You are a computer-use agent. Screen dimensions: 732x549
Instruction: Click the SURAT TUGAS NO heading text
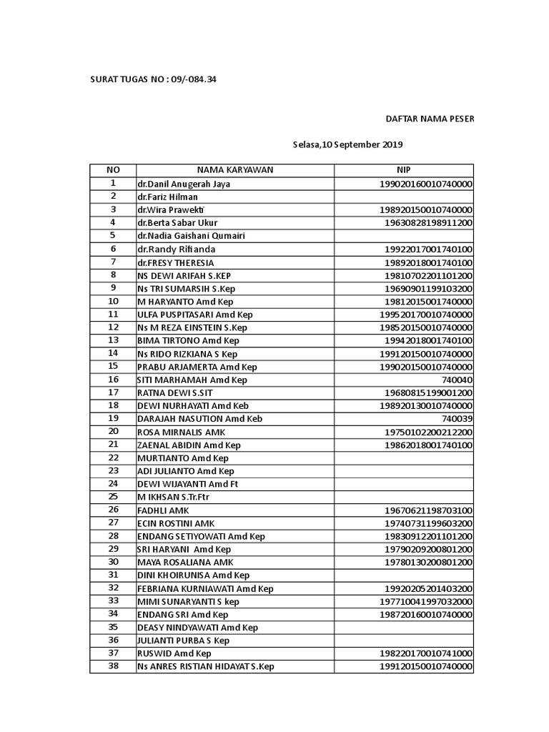point(153,79)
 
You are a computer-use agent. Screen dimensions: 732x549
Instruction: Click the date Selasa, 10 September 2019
point(348,144)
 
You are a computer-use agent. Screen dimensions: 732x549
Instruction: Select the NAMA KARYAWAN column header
point(235,170)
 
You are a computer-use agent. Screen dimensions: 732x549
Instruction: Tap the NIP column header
point(404,170)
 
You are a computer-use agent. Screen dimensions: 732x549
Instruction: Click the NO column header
point(113,170)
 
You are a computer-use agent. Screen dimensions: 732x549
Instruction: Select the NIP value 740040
point(457,380)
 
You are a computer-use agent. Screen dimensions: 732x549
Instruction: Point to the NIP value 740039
point(457,419)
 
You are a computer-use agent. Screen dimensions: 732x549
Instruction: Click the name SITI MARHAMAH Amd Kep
point(192,380)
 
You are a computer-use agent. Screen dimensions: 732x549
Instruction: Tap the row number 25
point(113,497)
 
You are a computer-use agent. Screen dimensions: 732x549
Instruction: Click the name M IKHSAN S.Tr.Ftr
point(176,497)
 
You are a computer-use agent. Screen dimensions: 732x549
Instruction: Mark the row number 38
point(113,666)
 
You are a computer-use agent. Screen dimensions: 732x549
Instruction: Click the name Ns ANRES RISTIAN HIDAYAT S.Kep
point(206,666)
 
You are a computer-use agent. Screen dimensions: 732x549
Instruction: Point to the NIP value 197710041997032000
point(426,601)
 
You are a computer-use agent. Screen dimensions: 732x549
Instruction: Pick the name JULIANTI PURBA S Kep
point(183,640)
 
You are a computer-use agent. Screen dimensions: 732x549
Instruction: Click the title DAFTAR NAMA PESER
point(430,118)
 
